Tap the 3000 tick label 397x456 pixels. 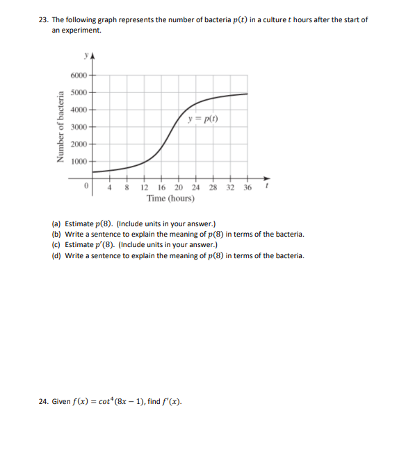(79, 127)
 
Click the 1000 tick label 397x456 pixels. (79, 161)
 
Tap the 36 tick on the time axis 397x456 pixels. (247, 187)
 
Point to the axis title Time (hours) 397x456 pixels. (170, 199)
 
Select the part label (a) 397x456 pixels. (56, 224)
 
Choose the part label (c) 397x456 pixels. (56, 245)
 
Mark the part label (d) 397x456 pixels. (56, 255)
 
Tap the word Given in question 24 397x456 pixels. (63, 400)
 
